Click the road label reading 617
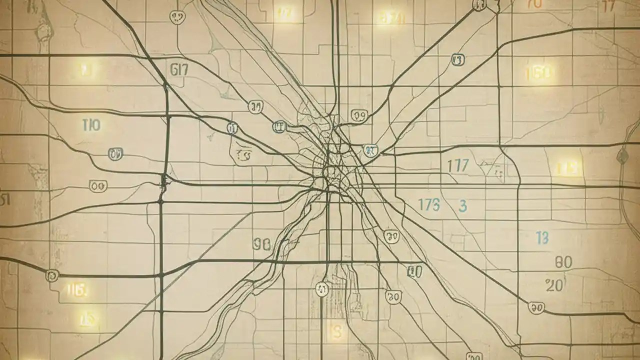pos(179,69)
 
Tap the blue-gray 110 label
pos(91,125)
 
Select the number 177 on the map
pos(457,166)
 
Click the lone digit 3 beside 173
pos(462,205)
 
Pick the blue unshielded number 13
pos(542,238)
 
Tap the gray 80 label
pos(563,262)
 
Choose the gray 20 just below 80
pos(554,285)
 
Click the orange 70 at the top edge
pos(534,4)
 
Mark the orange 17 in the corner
pos(608,6)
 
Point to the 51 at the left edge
pos(5,200)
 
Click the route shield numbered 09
pos(359,116)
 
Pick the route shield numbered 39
pos(255,106)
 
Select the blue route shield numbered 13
pos(457,61)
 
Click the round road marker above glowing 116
pos(51,275)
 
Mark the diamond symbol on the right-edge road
pos(622,156)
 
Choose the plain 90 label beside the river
pos(261,244)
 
